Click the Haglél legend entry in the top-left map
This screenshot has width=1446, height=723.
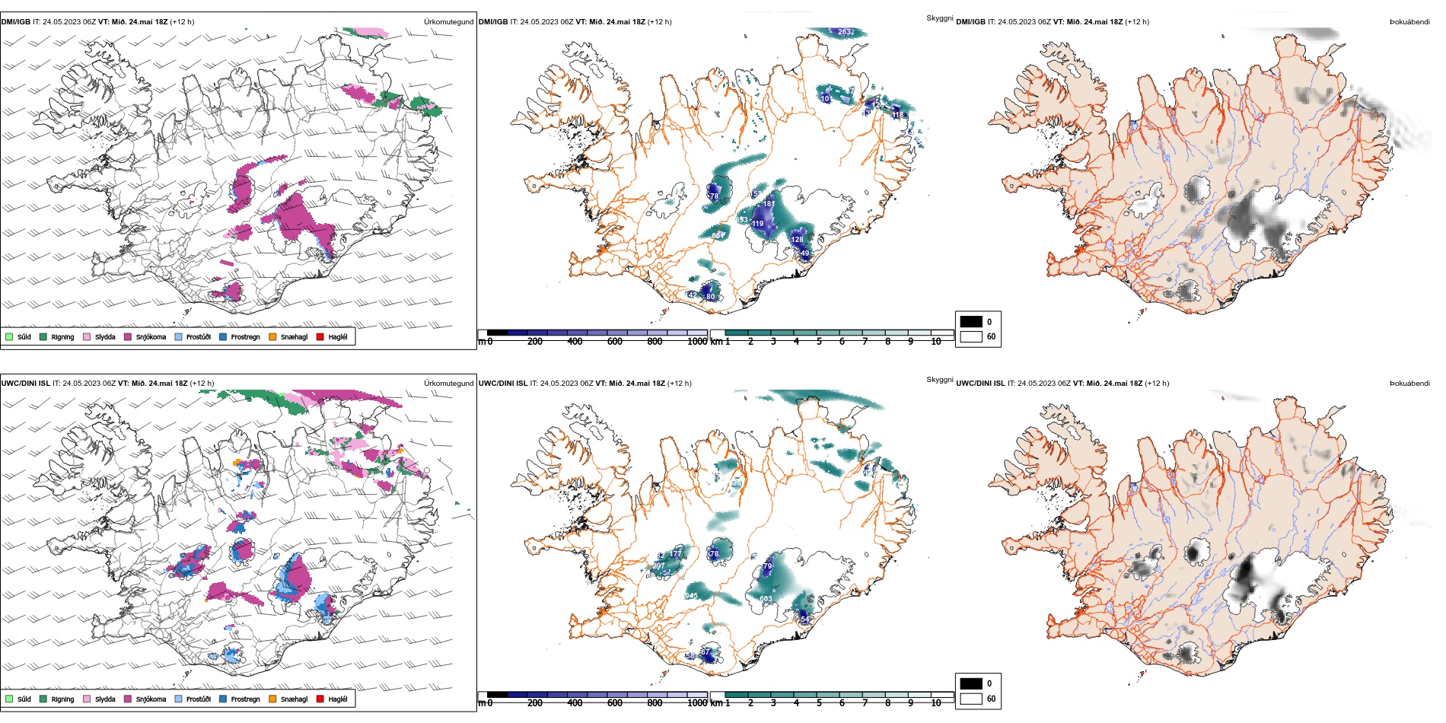pyautogui.click(x=332, y=336)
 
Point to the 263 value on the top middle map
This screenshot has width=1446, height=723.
pyautogui.click(x=845, y=32)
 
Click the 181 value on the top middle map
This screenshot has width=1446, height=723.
pyautogui.click(x=769, y=204)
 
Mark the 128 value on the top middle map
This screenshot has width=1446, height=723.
pyautogui.click(x=797, y=239)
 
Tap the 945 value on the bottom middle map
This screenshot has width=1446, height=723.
pyautogui.click(x=691, y=596)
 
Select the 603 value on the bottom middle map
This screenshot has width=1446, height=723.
pyautogui.click(x=766, y=599)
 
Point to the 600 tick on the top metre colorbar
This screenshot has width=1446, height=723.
pyautogui.click(x=615, y=342)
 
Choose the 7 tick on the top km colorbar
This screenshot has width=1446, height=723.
pyautogui.click(x=865, y=342)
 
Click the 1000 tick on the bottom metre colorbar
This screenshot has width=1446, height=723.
pyautogui.click(x=697, y=703)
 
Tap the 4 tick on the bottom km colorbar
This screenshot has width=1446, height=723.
pyautogui.click(x=796, y=703)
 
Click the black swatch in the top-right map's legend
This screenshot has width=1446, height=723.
pyautogui.click(x=971, y=321)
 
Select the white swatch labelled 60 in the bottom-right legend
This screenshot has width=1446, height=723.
pyautogui.click(x=971, y=699)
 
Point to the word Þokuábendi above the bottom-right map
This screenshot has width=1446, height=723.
pyautogui.click(x=1409, y=384)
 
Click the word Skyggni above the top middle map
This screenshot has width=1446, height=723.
pyautogui.click(x=939, y=18)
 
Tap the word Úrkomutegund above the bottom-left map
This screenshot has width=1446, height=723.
pyautogui.click(x=448, y=384)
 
